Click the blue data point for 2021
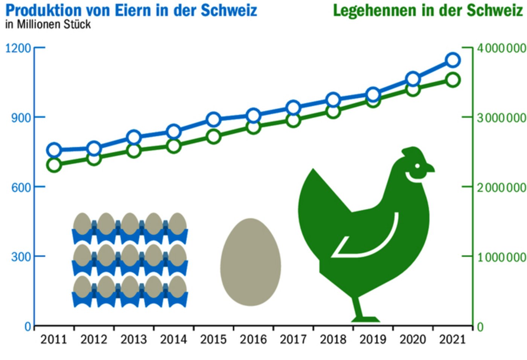pyautogui.click(x=453, y=60)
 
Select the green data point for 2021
pyautogui.click(x=453, y=80)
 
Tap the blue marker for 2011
pyautogui.click(x=54, y=150)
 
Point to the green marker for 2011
pyautogui.click(x=54, y=165)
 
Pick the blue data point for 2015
pyautogui.click(x=213, y=120)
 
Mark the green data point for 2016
pyautogui.click(x=253, y=127)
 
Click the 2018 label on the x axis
pyautogui.click(x=333, y=339)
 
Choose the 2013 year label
pyautogui.click(x=134, y=339)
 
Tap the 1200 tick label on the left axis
pyautogui.click(x=18, y=48)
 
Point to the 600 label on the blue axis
pyautogui.click(x=21, y=187)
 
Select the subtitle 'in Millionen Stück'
pyautogui.click(x=48, y=24)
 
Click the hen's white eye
pyautogui.click(x=417, y=166)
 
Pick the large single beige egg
pyautogui.click(x=250, y=262)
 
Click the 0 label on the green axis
pyautogui.click(x=480, y=327)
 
